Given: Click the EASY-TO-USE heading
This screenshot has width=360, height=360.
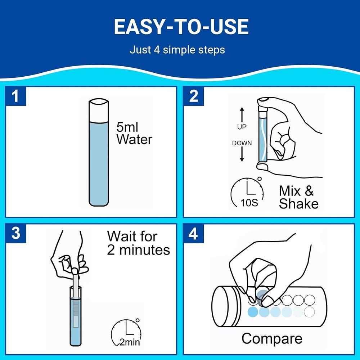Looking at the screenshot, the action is tap(181, 27).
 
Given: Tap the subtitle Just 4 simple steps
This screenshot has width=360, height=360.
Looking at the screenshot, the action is tap(177, 50).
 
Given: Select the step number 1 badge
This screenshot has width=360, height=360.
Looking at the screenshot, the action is tap(15, 96).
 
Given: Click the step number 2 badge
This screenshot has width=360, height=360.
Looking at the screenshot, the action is tap(194, 96).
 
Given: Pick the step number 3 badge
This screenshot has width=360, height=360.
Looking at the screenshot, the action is tap(15, 233).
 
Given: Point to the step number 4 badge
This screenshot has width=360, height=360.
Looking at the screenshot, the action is tap(194, 233).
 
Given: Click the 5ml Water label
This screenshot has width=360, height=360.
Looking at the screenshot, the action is tap(134, 133).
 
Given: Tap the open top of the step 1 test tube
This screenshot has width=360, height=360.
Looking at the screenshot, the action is tap(99, 102).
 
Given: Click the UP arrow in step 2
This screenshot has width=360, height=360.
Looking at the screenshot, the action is tap(242, 114).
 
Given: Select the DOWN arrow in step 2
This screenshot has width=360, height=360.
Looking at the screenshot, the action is tap(242, 154).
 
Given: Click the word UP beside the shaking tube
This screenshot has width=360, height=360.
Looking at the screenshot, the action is tap(242, 127).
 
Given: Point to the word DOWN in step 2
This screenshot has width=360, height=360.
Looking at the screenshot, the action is tap(242, 143).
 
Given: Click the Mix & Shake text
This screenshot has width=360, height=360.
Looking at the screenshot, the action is tap(298, 197).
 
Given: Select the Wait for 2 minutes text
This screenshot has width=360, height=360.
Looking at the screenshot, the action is tap(139, 243).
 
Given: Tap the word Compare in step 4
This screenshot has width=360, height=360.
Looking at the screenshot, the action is tap(272, 339).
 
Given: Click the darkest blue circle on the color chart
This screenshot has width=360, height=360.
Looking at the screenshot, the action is tap(253, 312).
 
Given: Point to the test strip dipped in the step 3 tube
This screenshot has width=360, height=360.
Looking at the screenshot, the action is tap(76, 301).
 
